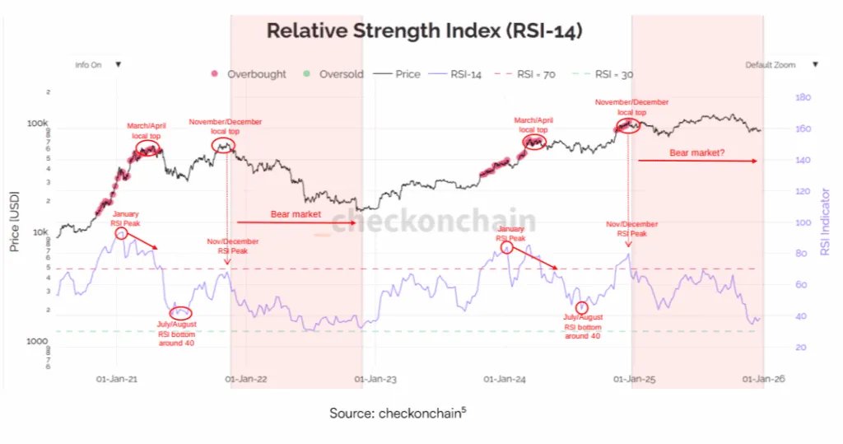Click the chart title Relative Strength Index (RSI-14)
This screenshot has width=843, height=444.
tap(425, 31)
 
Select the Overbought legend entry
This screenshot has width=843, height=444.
tap(256, 74)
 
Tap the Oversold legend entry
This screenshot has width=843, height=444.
tap(334, 74)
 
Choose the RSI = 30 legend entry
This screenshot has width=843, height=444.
tap(613, 74)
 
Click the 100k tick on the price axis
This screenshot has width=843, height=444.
tap(38, 124)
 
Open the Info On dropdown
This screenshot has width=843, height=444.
tap(98, 64)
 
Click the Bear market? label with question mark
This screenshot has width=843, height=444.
tap(696, 152)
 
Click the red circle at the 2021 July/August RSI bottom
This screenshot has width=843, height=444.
tap(180, 312)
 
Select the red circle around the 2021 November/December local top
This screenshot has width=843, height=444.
tap(222, 146)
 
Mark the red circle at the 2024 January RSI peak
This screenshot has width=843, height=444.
tap(507, 247)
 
